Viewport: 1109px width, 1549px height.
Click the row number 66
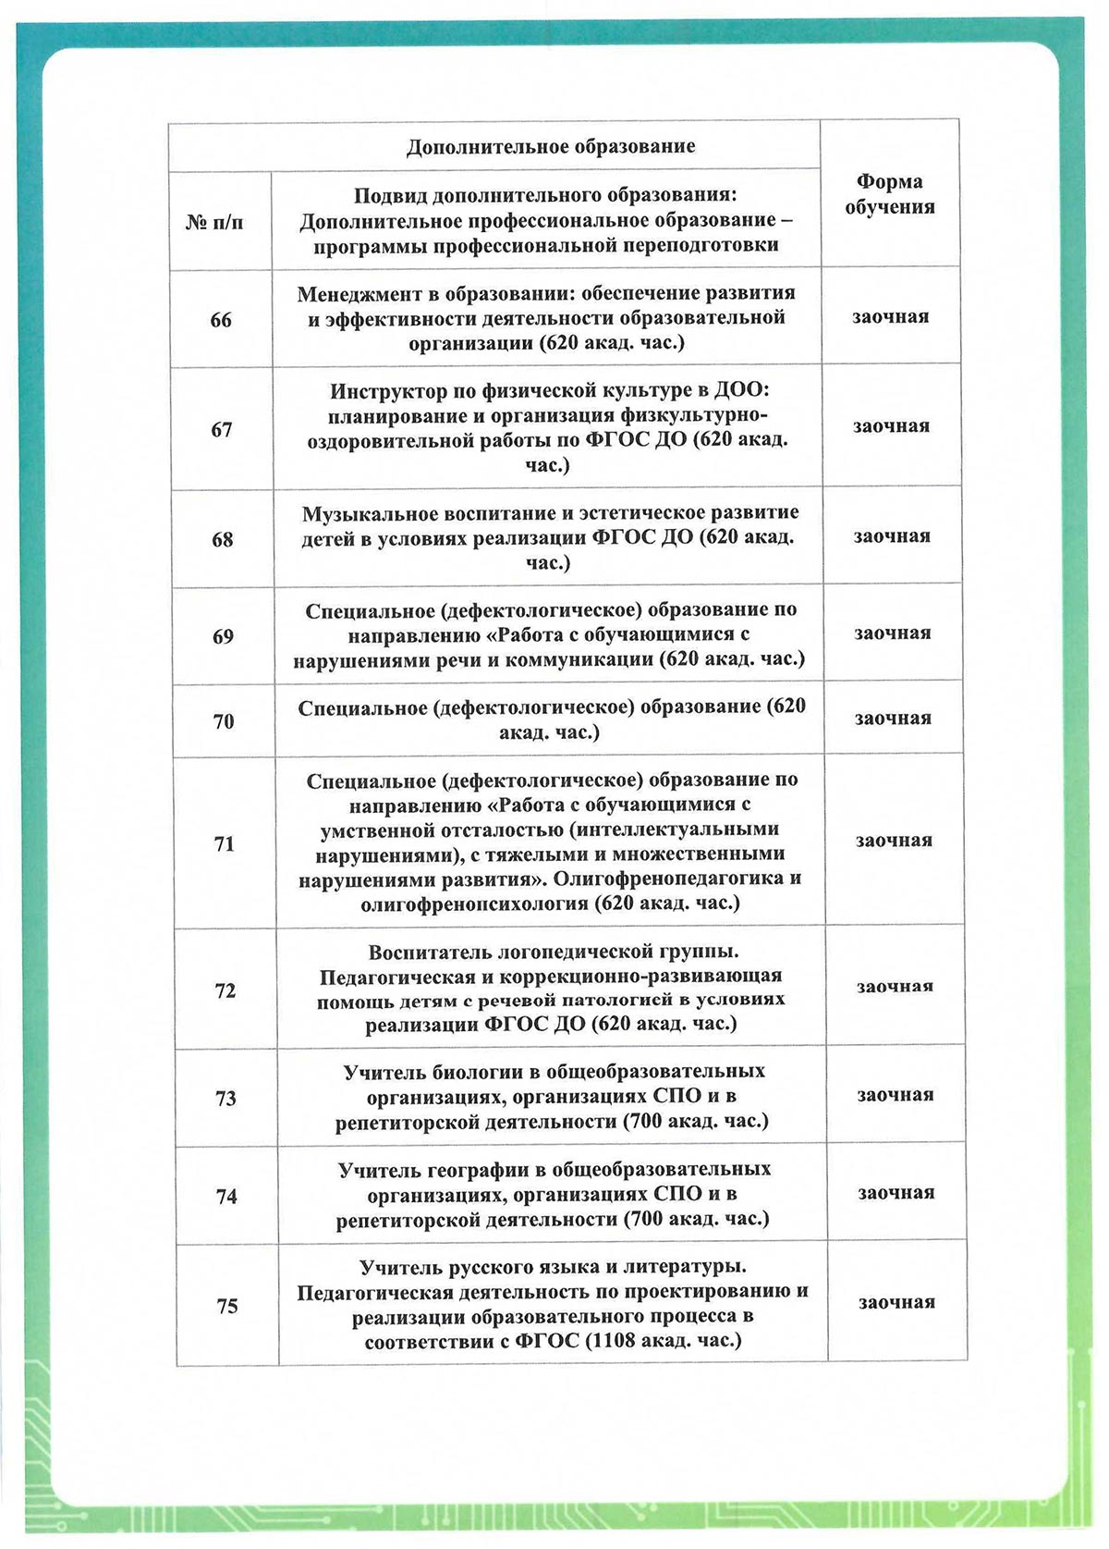221,320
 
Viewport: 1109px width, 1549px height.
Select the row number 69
223,636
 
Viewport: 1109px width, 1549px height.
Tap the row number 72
225,990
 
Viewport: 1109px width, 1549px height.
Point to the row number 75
226,1306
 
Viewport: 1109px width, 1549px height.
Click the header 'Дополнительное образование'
551,147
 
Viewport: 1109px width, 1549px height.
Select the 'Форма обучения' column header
890,194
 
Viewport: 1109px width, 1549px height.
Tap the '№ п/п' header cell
215,222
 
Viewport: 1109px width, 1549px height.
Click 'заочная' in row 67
891,426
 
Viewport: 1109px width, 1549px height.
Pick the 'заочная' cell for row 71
894,841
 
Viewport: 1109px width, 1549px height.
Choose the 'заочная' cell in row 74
896,1193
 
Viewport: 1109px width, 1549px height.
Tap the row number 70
224,721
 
